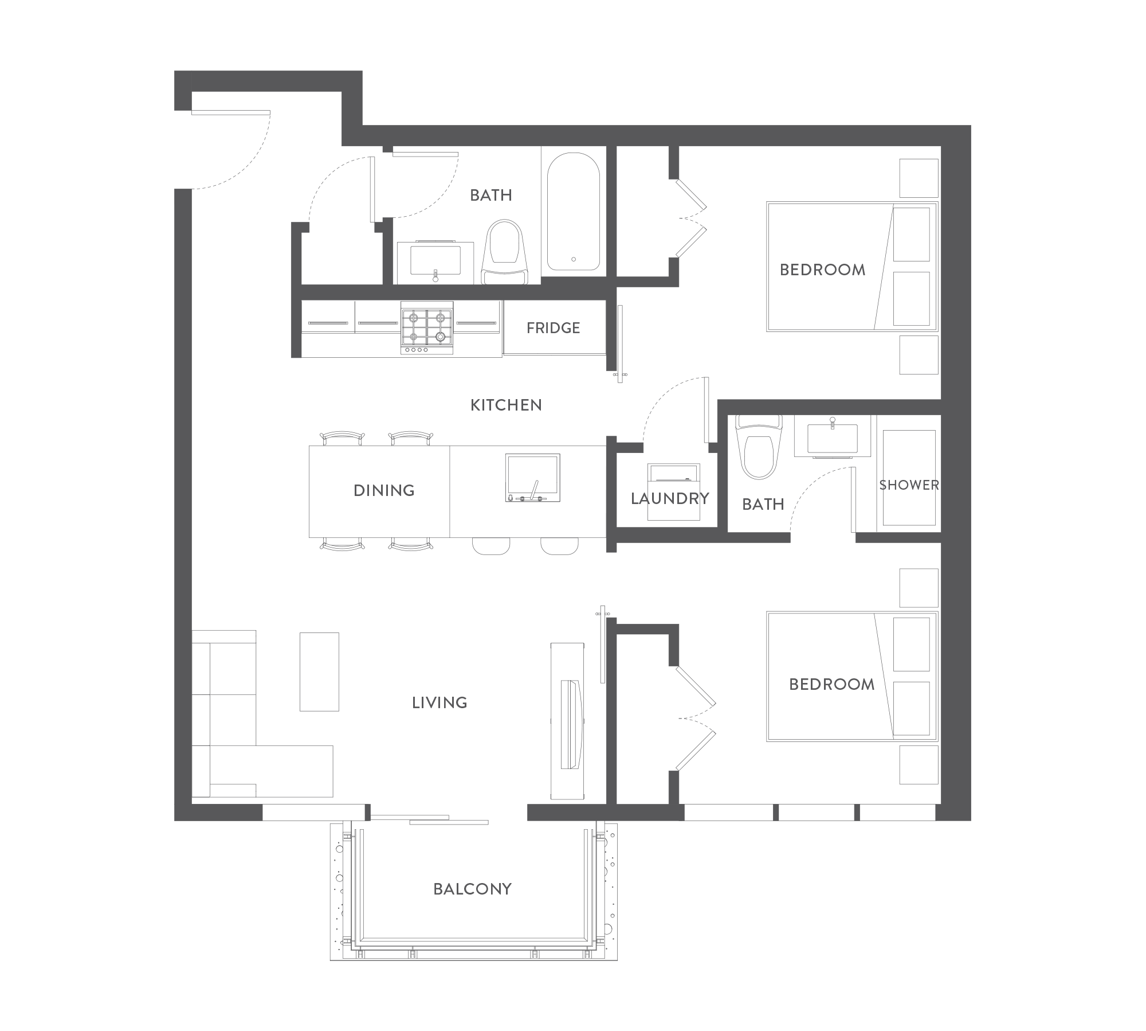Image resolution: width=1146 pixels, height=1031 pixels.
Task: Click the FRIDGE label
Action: [x=553, y=328]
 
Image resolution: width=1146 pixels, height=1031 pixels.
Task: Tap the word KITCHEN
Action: [x=506, y=405]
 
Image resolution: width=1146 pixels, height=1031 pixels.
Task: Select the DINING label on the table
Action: [x=384, y=490]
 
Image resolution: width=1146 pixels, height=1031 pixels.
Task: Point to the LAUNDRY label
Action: [x=670, y=499]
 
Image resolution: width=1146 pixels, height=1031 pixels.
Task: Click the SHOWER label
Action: [x=909, y=485]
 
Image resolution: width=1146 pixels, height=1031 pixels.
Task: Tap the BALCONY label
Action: [x=472, y=889]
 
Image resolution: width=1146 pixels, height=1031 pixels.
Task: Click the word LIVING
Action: [x=439, y=702]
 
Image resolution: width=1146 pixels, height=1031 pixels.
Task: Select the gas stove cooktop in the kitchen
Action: [x=427, y=327]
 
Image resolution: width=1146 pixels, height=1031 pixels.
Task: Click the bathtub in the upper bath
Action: [x=574, y=212]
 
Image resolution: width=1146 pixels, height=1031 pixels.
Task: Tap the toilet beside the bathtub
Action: [x=504, y=252]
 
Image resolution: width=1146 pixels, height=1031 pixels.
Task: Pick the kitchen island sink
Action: [x=533, y=478]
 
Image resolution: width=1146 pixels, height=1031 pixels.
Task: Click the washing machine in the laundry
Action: [x=674, y=491]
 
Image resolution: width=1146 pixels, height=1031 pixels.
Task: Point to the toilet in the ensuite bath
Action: [x=760, y=447]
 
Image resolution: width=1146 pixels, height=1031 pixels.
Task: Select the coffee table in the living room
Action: [x=319, y=671]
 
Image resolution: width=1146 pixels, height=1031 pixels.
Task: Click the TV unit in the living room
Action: [x=567, y=721]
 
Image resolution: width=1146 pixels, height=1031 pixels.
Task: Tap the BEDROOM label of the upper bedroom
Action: [x=822, y=270]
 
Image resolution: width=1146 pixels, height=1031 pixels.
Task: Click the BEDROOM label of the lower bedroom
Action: [x=831, y=684]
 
